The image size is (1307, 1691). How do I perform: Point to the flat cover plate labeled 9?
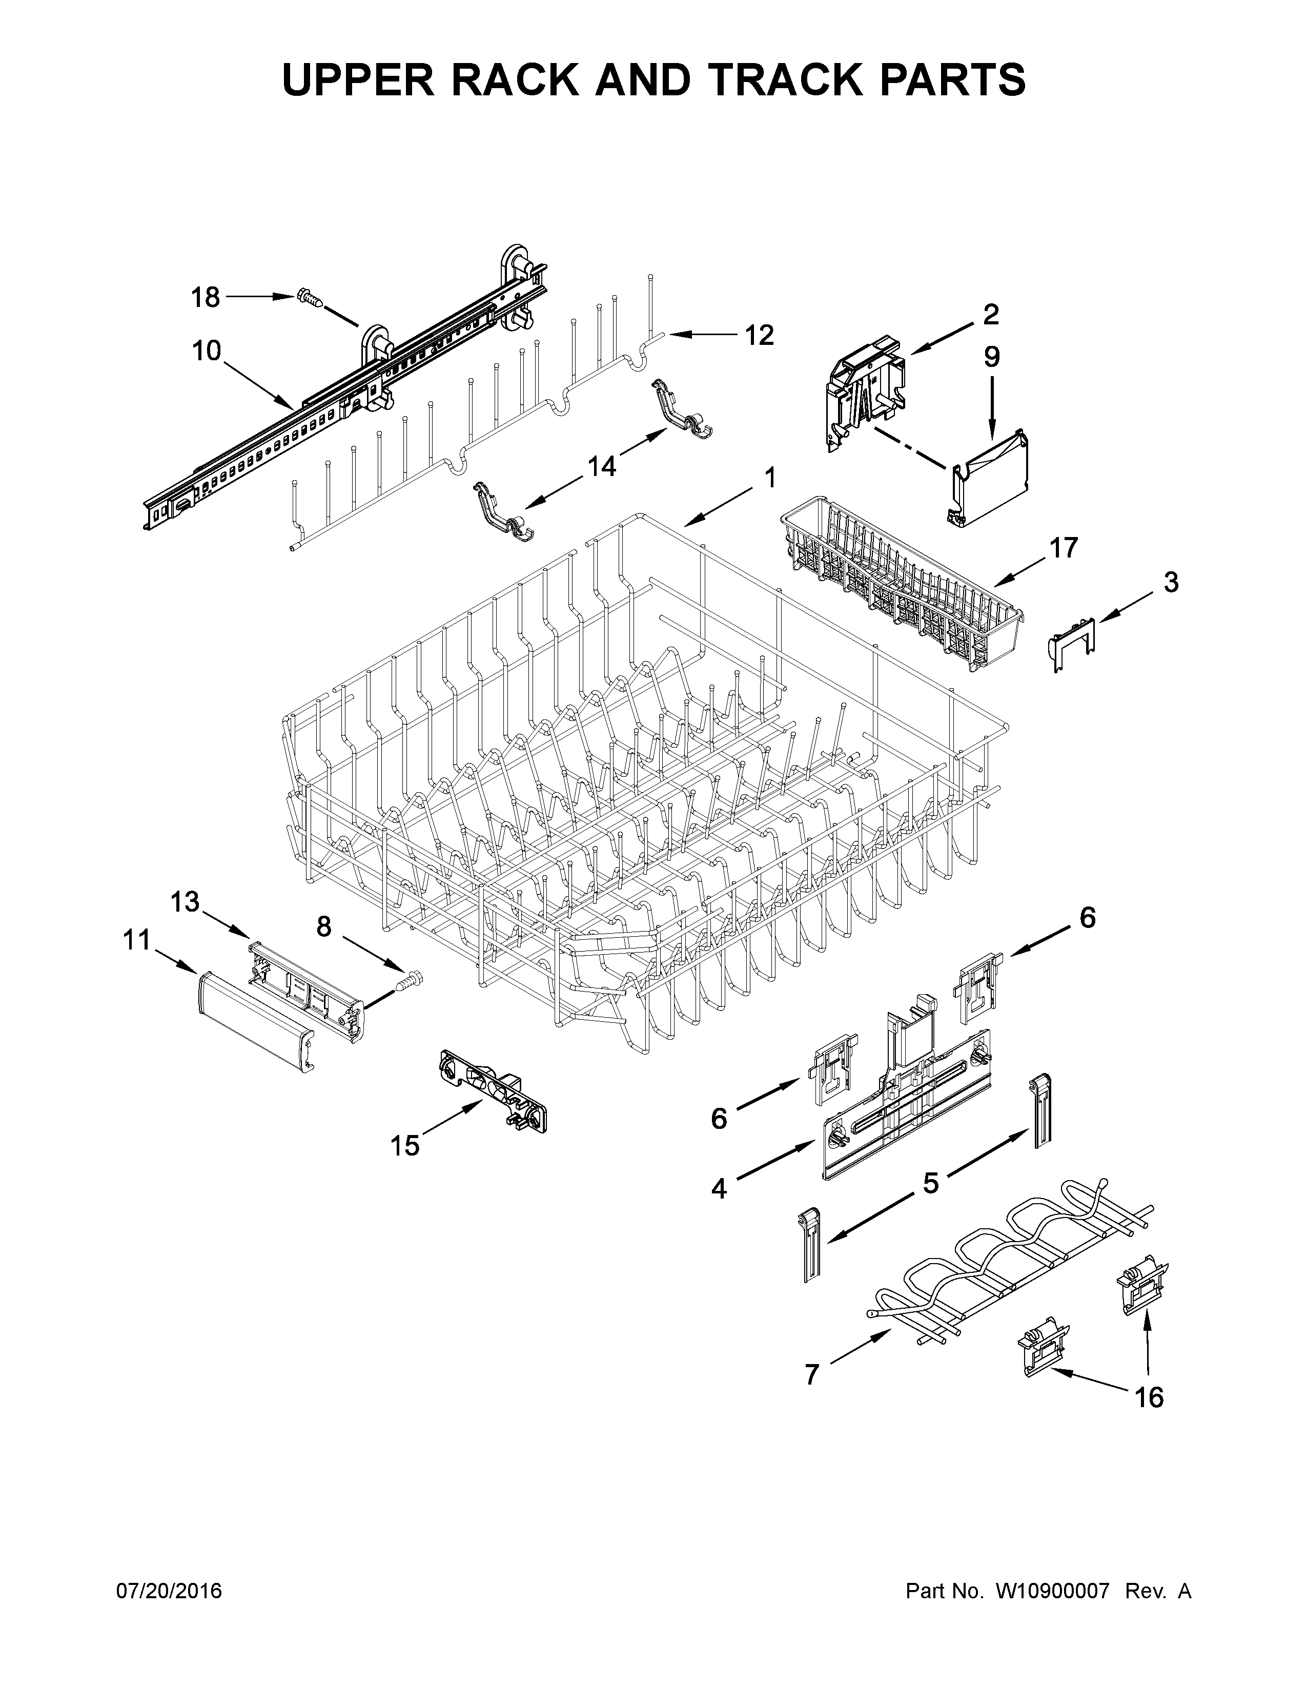pyautogui.click(x=993, y=481)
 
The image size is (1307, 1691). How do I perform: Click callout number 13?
pyautogui.click(x=185, y=902)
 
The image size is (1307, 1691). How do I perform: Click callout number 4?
pyautogui.click(x=719, y=1188)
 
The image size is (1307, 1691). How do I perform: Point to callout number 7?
pyautogui.click(x=811, y=1374)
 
